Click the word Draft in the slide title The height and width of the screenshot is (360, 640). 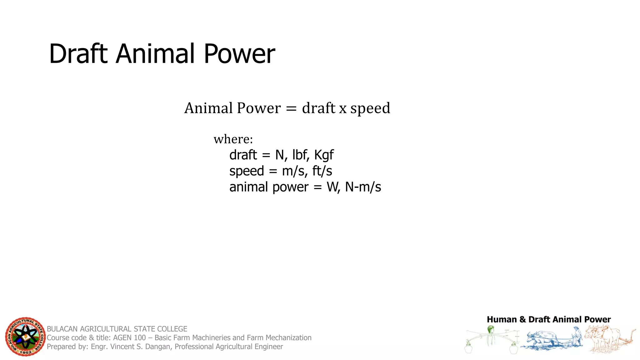78,54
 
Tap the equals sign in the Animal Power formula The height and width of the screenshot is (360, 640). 291,108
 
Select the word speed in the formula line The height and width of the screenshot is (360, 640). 370,108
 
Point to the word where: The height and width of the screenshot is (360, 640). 233,139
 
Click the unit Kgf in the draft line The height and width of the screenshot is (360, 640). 324,155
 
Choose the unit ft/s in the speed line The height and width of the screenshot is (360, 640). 322,171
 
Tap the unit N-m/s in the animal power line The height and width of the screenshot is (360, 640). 363,187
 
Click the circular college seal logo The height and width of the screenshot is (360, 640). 25,337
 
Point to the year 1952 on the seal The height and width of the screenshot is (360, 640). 26,352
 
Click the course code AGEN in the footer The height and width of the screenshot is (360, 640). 121,338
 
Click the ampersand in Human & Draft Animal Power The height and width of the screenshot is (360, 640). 522,319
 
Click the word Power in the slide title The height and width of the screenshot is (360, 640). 239,54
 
